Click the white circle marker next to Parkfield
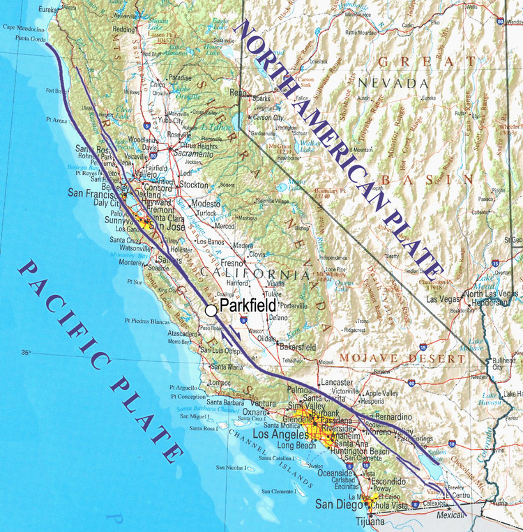point(211,310)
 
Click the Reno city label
point(239,93)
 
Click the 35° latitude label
point(26,353)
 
